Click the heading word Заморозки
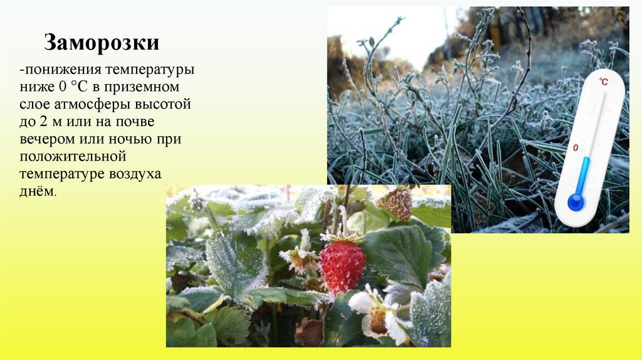point(101,43)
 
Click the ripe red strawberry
point(342,267)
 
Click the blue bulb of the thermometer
point(575,202)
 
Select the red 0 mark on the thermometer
point(576,148)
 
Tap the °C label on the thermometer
point(603,82)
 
